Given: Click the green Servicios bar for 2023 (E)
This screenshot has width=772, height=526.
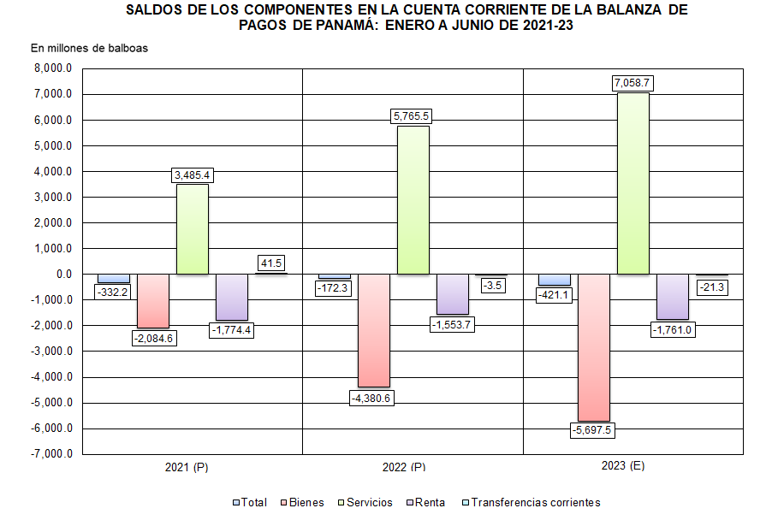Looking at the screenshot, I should point(632,183).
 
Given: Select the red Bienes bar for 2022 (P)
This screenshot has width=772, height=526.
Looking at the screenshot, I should point(373,330).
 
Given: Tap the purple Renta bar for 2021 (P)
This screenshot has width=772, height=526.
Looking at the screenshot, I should point(232,297).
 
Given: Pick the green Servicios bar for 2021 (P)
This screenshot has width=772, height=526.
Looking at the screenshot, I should point(193,229).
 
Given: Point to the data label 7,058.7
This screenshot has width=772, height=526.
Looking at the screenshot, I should point(632,83).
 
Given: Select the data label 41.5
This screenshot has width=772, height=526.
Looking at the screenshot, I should point(270,263).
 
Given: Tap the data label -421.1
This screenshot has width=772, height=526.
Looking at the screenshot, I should point(555,295).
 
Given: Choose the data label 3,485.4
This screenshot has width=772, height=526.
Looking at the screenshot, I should point(193,175).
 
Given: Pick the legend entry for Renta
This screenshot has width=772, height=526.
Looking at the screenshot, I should point(428,503).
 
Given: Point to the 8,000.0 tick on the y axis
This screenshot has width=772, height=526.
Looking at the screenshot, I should point(52,69).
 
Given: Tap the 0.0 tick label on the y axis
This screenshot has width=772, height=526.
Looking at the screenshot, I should point(62,275).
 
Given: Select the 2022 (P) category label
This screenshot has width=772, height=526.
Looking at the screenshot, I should point(404,468).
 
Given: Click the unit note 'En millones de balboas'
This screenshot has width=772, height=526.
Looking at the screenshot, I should point(90,48).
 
